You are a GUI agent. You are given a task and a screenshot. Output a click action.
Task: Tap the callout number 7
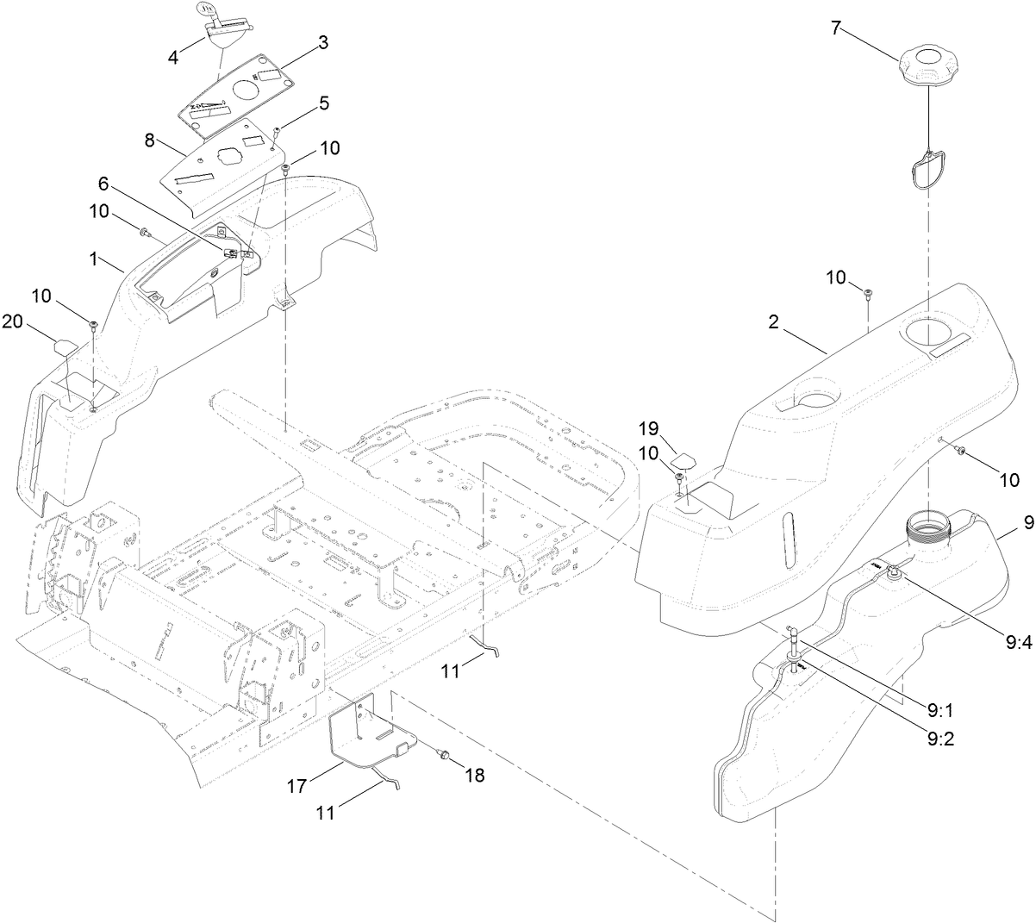click(835, 27)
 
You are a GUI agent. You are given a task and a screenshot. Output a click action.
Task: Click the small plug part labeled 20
click(65, 346)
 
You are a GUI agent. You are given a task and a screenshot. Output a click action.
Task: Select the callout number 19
click(649, 428)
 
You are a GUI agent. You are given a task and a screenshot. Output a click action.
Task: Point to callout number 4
click(173, 58)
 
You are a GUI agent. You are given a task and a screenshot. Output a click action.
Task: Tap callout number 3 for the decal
click(322, 43)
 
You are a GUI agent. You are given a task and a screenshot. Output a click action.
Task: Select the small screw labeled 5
click(277, 131)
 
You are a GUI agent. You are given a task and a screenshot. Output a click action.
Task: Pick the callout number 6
click(104, 183)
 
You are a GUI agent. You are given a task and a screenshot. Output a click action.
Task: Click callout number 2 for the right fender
click(774, 322)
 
